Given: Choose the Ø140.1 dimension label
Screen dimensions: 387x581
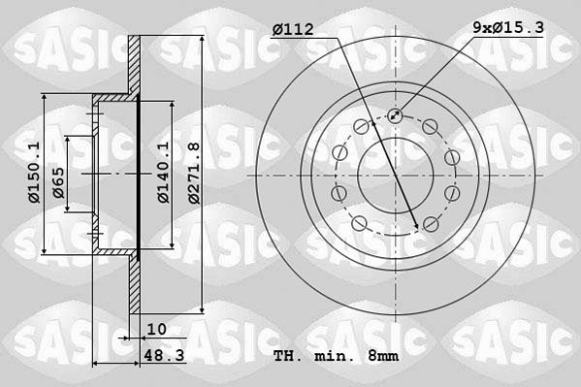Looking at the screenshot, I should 164,173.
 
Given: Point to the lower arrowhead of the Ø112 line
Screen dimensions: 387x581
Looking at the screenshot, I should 418,226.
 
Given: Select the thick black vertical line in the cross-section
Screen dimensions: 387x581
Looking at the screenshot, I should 140,175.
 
